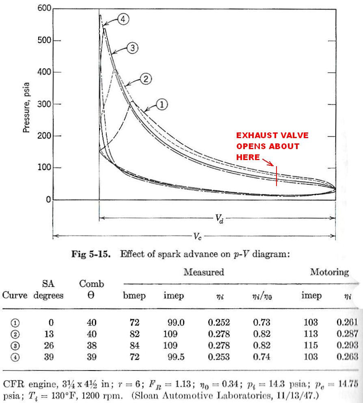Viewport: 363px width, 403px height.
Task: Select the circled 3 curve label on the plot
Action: tap(132, 48)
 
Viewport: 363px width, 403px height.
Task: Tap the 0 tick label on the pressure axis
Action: tap(48, 199)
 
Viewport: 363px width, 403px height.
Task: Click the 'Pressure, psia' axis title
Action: tap(27, 104)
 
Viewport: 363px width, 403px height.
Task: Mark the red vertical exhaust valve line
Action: tap(277, 175)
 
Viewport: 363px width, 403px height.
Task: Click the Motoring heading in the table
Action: tap(329, 272)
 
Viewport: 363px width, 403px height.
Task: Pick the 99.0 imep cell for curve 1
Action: tap(176, 323)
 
